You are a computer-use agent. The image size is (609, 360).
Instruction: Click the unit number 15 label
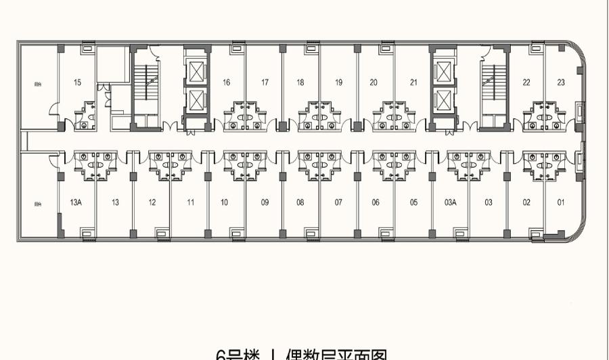point(78,83)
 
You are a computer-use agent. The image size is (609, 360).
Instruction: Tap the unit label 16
point(226,83)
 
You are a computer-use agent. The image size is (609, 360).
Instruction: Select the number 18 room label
point(300,83)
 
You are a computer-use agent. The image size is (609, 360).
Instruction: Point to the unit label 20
point(374,83)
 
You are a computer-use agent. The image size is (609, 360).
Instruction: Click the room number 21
point(413,83)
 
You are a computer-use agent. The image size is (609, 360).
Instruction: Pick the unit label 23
point(561,83)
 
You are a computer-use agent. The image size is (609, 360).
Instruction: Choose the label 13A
point(76,202)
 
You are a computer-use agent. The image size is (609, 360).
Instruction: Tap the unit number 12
point(152,202)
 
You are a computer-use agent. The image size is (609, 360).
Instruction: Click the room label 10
point(224,202)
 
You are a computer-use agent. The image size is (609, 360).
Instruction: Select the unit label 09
point(265,202)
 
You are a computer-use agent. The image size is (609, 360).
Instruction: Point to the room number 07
point(338,202)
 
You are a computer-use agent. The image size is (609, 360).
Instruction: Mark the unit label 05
point(413,202)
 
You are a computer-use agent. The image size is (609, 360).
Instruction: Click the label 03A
point(451,202)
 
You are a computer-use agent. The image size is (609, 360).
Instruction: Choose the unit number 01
point(561,202)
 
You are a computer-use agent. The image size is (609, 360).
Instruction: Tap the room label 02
point(526,202)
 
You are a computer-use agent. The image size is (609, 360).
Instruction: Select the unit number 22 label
point(526,83)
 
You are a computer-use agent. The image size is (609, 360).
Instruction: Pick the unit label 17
point(265,83)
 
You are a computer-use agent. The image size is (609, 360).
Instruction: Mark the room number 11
point(191,202)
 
